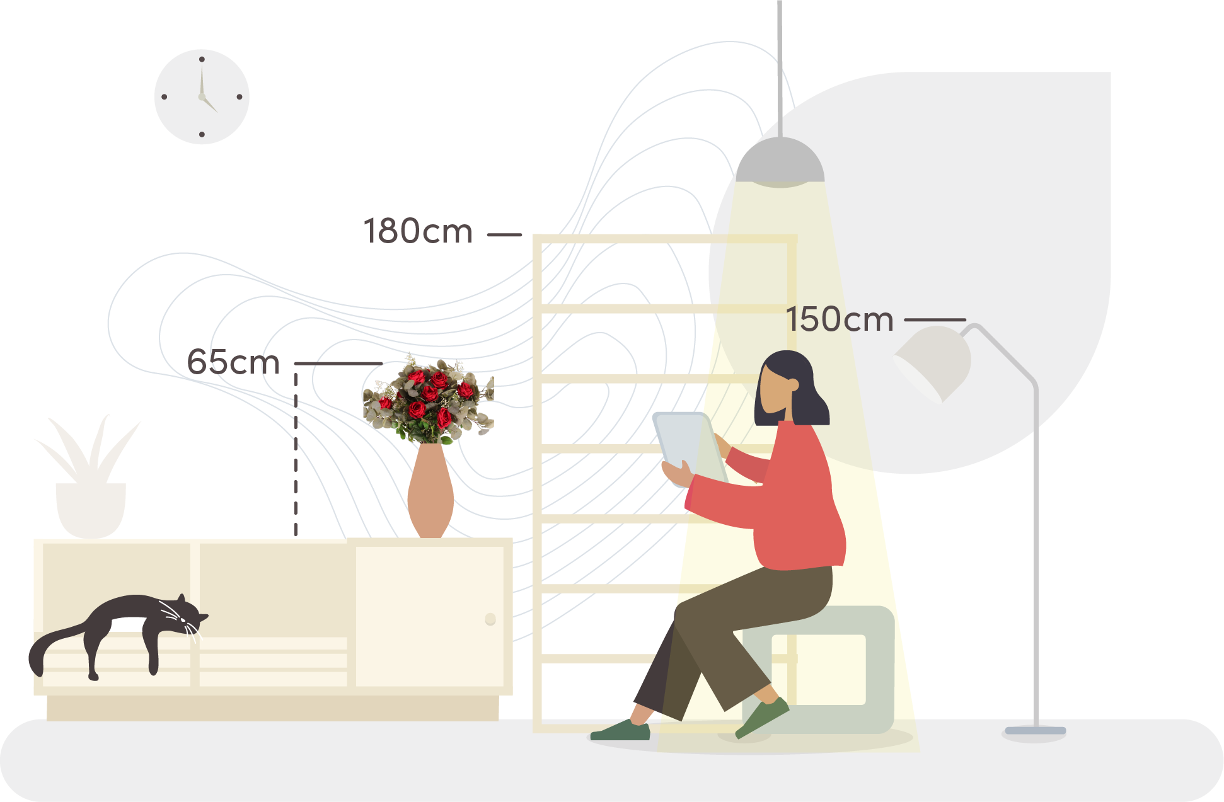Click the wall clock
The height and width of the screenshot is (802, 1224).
point(202,96)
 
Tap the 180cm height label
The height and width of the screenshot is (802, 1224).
point(418,231)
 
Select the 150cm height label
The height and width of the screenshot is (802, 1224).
point(840,319)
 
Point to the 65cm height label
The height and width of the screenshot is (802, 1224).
point(233,362)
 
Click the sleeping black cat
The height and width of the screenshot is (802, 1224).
point(120,630)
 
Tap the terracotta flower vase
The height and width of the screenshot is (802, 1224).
point(430,490)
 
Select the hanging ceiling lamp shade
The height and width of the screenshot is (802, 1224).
point(780,162)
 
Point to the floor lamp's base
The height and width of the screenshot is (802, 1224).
point(1035,732)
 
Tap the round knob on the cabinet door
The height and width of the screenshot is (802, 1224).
point(490,619)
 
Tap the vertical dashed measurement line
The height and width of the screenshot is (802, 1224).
point(296,454)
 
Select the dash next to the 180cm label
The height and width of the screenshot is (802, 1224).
point(504,234)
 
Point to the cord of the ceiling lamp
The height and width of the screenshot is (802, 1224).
point(780,69)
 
